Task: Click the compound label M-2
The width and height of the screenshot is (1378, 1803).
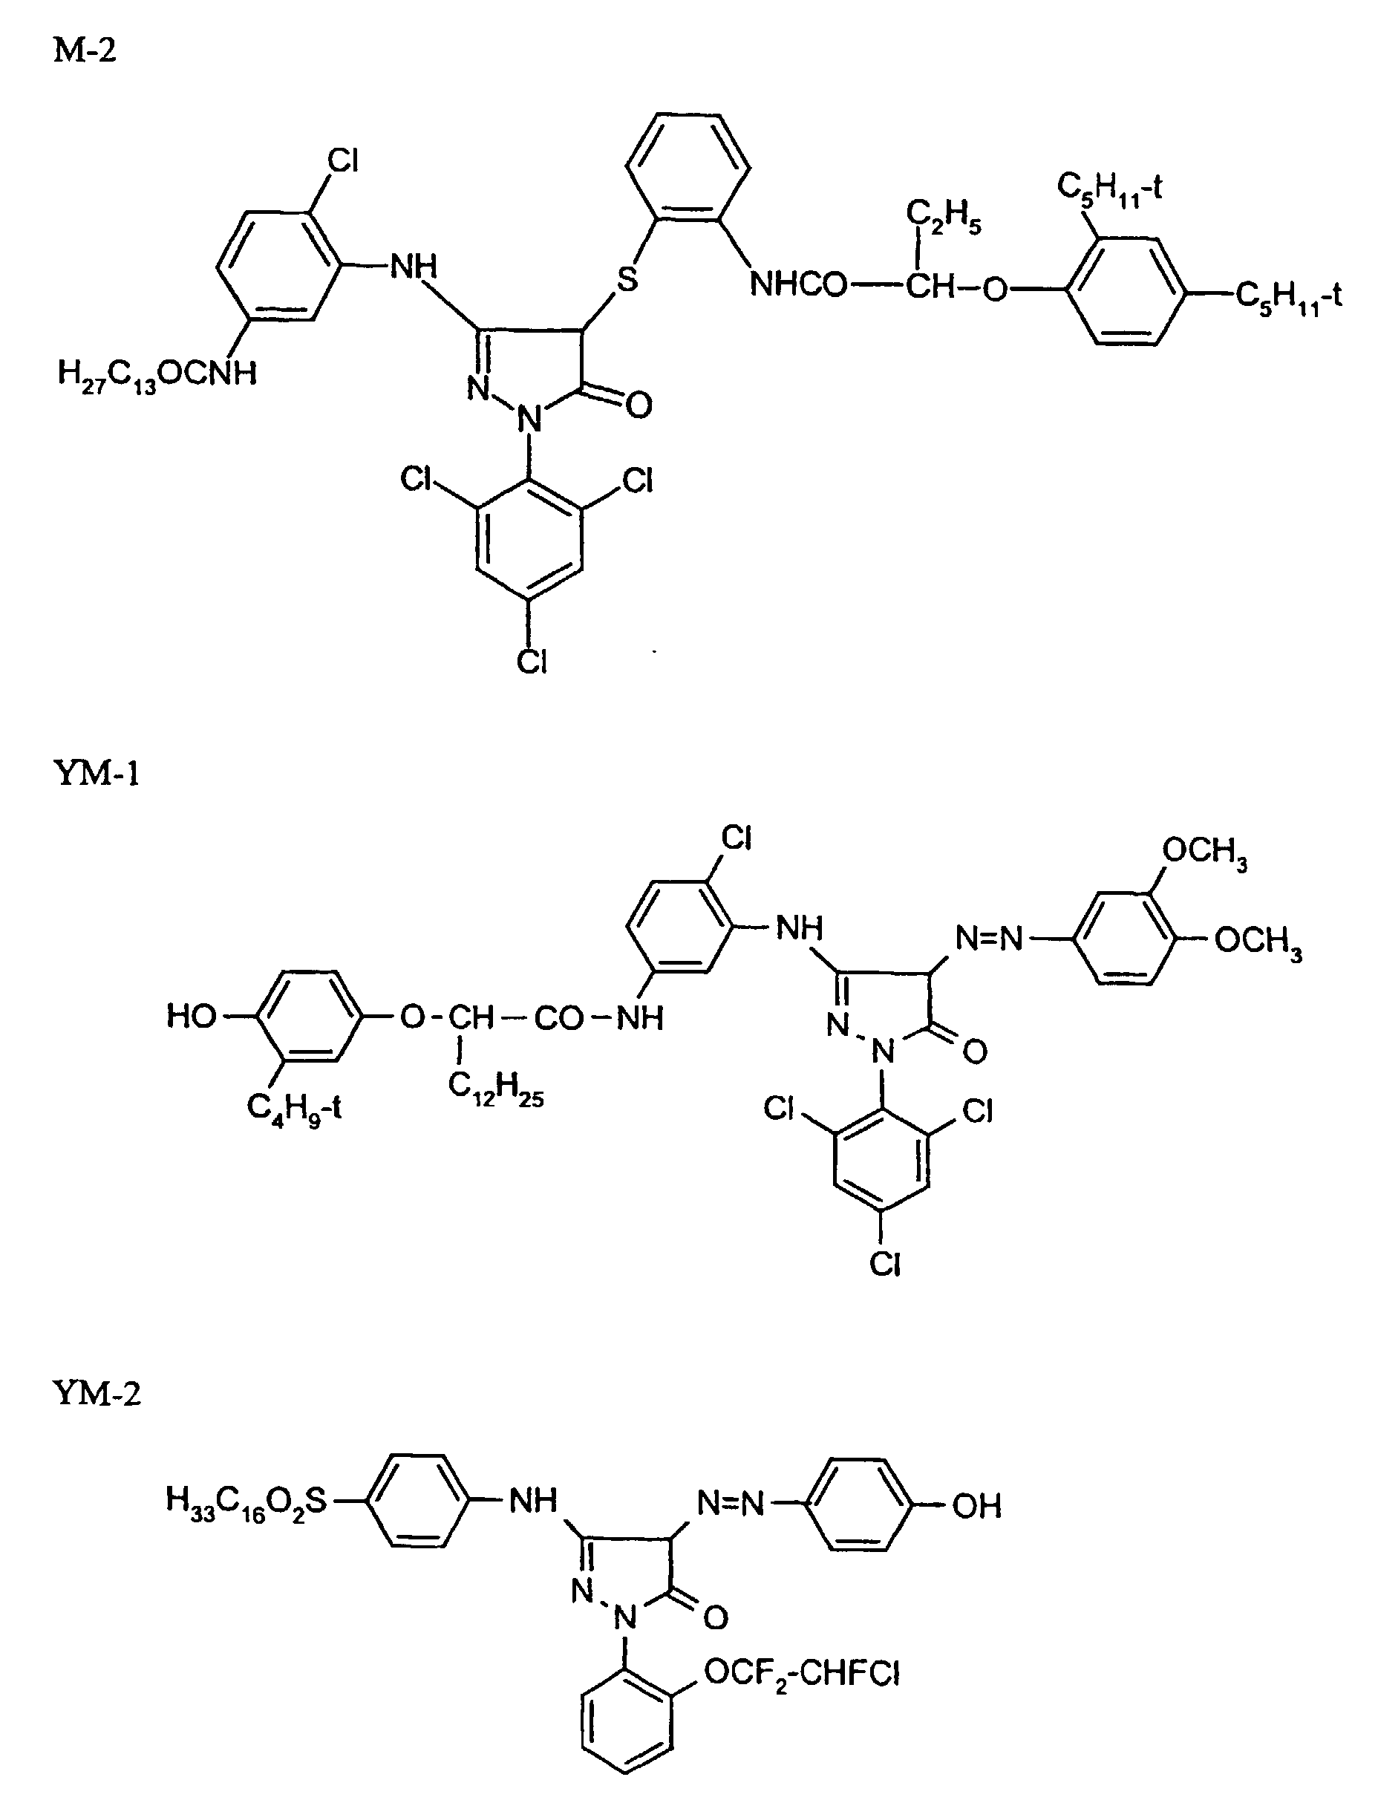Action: tap(85, 50)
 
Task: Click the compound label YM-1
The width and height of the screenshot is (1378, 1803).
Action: tap(96, 773)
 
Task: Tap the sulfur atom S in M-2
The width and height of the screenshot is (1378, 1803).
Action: tap(627, 280)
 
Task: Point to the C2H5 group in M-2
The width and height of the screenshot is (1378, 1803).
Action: tap(942, 217)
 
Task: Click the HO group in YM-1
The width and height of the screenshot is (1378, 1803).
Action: tap(190, 1017)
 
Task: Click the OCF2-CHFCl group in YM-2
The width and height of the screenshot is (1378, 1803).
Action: tap(801, 1672)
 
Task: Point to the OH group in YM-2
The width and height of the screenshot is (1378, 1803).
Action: tap(976, 1505)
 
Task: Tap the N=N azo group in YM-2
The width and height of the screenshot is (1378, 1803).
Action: tap(730, 1503)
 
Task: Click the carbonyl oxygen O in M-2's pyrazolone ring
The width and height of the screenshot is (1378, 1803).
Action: tap(639, 405)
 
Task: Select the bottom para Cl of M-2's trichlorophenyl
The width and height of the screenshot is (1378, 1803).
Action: tap(532, 661)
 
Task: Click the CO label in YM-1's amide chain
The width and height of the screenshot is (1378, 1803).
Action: tap(558, 1019)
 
